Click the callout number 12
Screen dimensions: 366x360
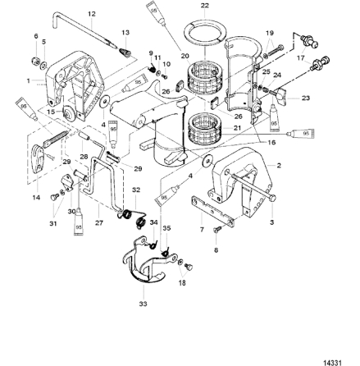tap(91, 14)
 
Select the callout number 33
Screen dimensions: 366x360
tap(144, 304)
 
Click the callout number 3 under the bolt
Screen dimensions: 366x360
tap(271, 222)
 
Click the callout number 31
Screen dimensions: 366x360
tap(52, 222)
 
